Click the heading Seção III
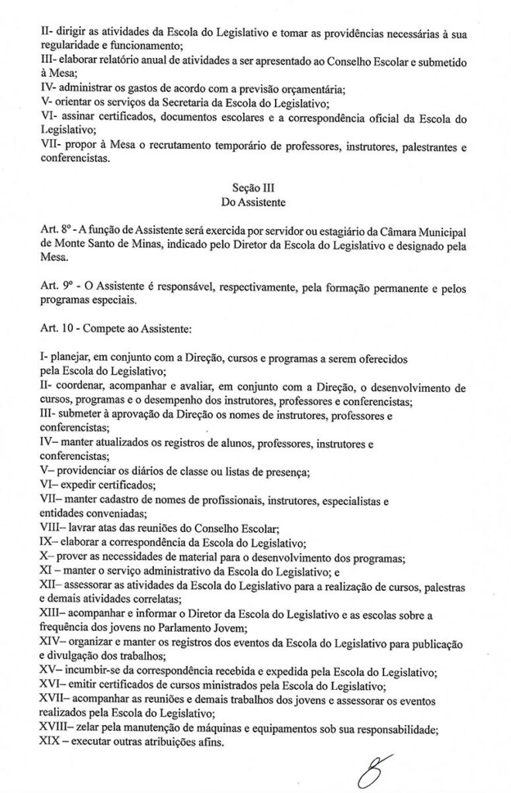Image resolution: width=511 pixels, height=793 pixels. point(255,187)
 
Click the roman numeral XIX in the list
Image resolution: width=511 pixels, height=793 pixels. point(48,742)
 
